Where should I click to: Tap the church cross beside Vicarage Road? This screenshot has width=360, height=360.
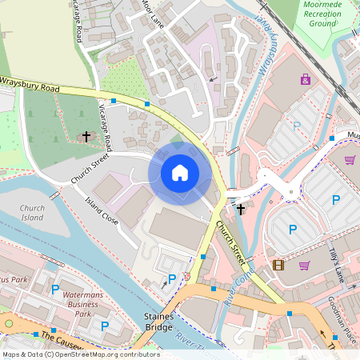coord(86,137)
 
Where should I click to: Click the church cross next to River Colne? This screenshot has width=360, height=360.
coord(241,209)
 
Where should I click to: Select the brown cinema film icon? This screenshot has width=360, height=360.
coord(278,265)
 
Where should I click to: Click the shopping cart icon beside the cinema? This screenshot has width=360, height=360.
coord(304,265)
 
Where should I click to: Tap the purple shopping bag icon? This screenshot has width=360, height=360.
coord(305,78)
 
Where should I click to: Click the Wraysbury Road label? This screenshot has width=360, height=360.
coord(30,82)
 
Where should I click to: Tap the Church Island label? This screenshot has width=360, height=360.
coord(32,213)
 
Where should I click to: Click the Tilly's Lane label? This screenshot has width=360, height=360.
coord(336,265)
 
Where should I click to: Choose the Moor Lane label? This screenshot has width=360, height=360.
coord(152,14)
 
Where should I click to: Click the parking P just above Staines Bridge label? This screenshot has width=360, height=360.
coord(171,280)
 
